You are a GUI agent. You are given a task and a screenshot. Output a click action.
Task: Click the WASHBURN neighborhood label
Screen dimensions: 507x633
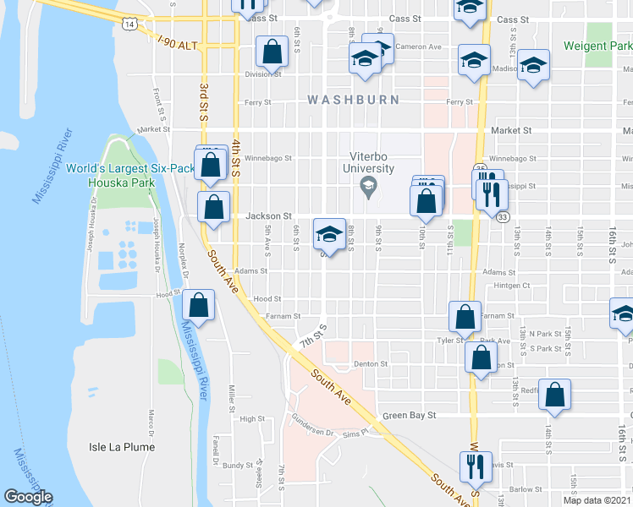(x=348, y=100)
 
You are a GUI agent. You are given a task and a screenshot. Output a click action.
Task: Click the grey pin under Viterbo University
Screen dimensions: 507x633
(x=368, y=186)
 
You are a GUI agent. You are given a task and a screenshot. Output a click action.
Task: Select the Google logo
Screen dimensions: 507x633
(x=28, y=498)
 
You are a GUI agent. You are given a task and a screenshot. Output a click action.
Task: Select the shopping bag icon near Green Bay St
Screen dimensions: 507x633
(x=555, y=394)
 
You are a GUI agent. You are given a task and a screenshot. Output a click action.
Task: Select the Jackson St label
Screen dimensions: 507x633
(x=268, y=216)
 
